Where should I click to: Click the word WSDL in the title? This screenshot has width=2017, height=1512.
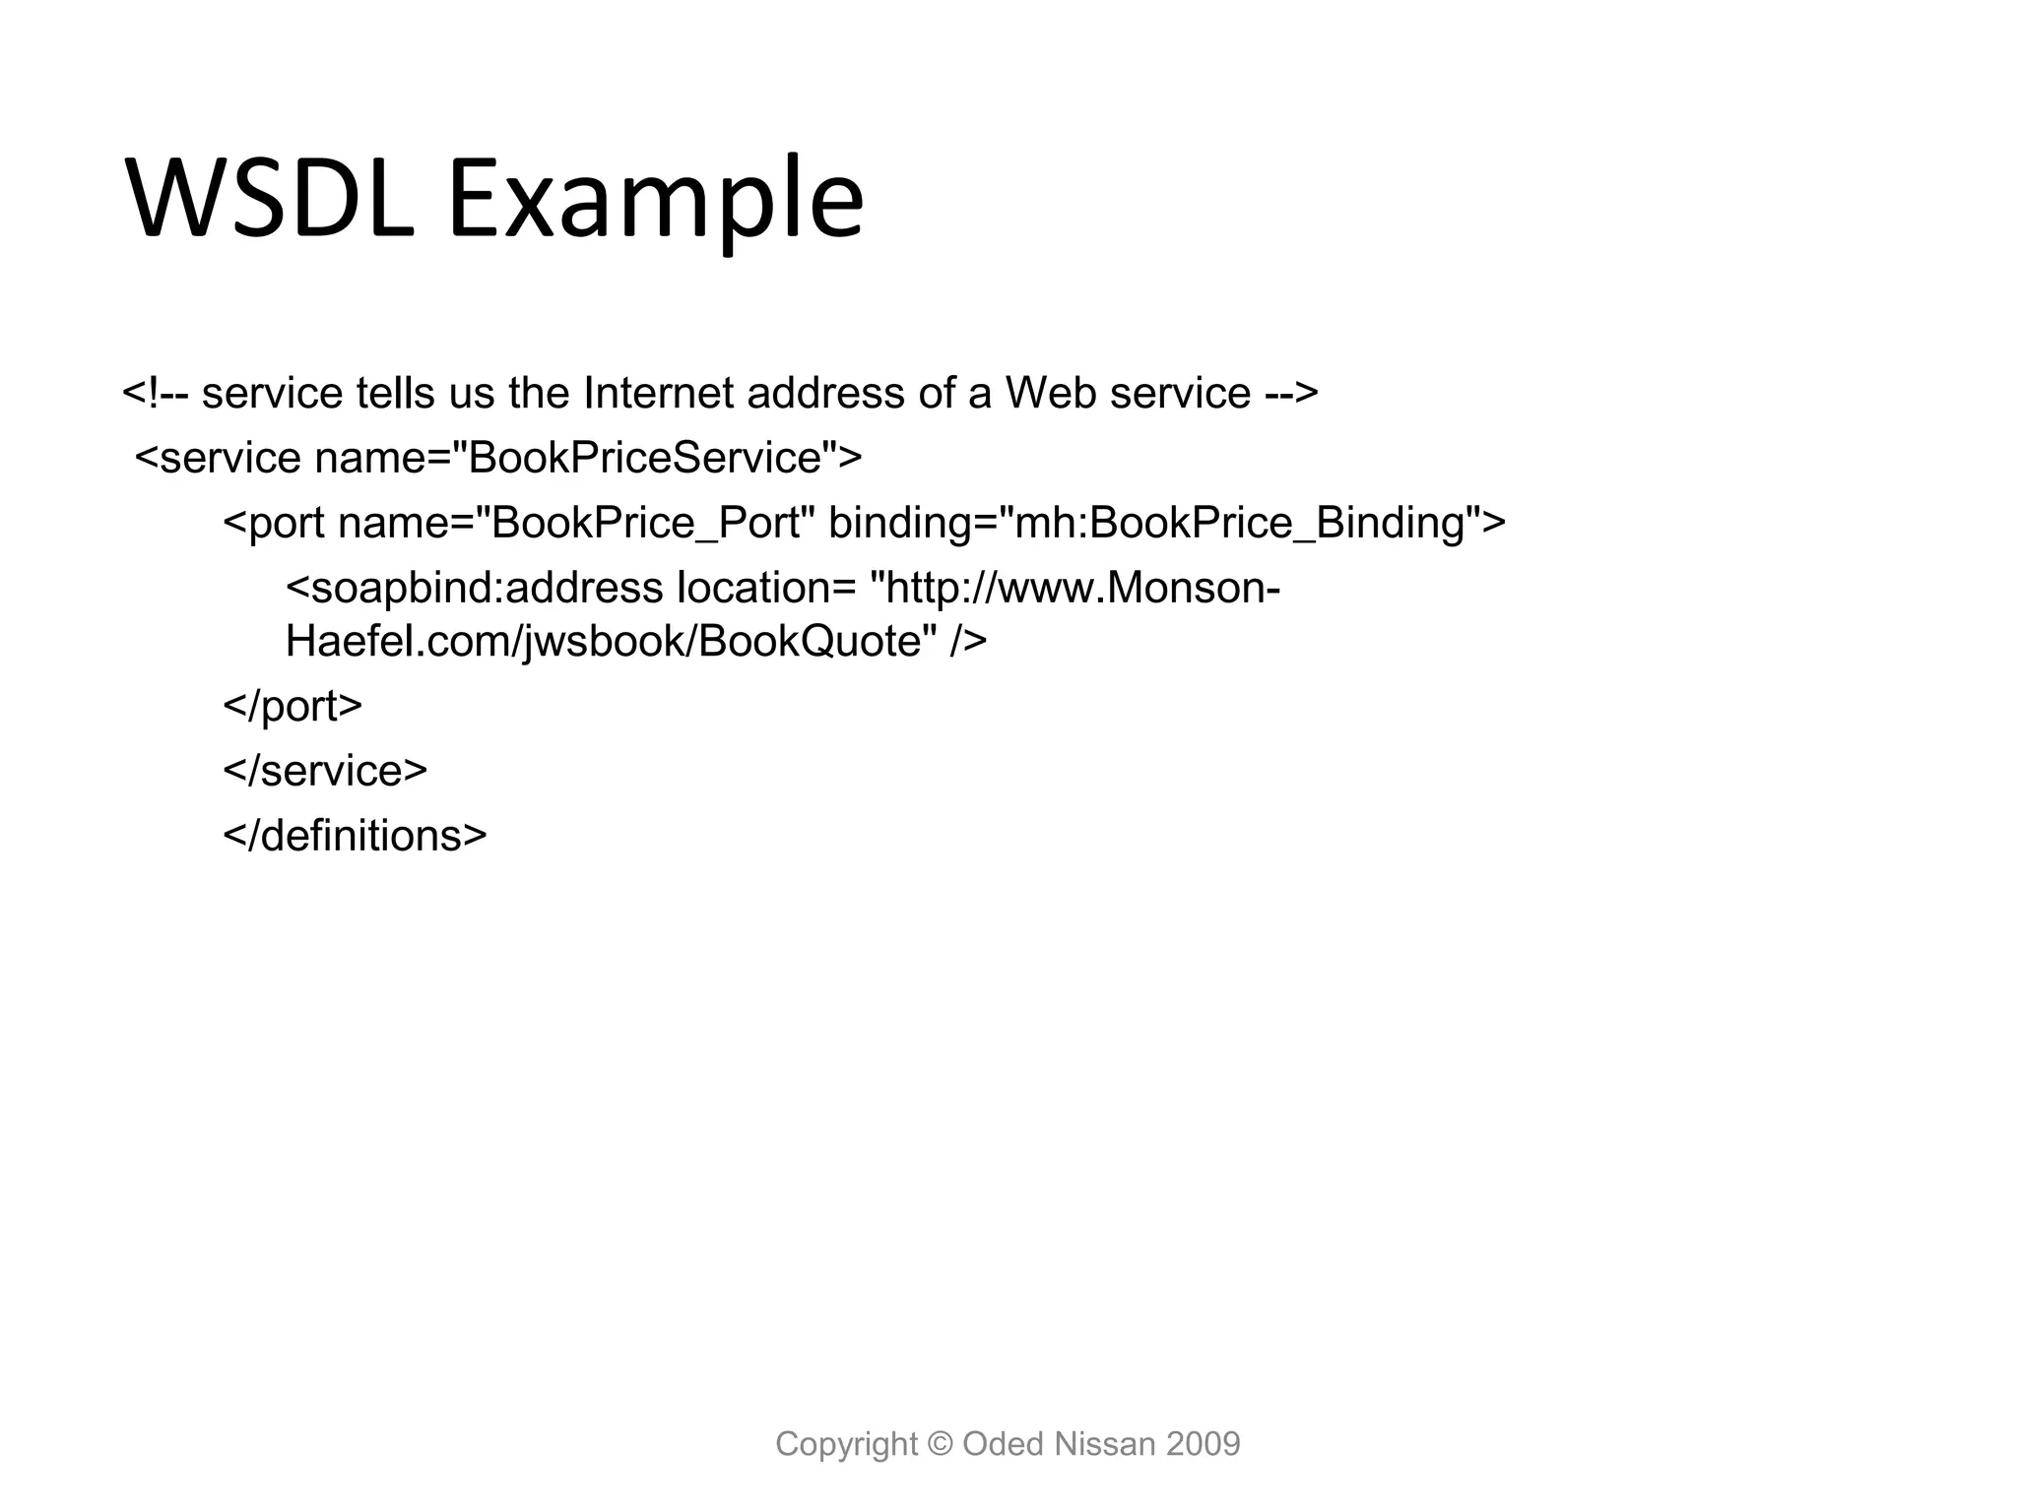point(271,200)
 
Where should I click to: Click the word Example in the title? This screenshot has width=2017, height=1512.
point(656,200)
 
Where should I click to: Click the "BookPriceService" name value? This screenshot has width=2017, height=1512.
point(645,458)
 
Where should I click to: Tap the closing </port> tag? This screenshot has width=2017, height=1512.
point(293,706)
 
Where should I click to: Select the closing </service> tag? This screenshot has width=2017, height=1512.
point(325,771)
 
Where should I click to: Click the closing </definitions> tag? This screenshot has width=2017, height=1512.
point(355,836)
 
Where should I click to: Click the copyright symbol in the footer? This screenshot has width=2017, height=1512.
point(941,1444)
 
